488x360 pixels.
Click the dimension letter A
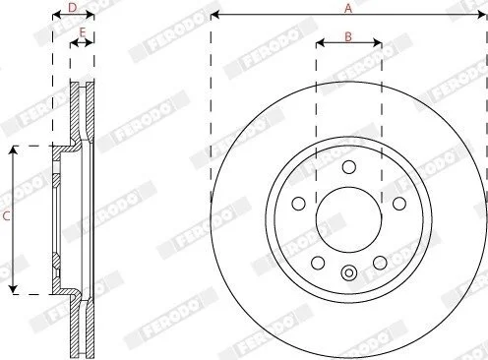point(348,8)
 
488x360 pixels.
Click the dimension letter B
point(348,36)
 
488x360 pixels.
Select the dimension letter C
point(6,215)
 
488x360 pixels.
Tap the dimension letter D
point(73,8)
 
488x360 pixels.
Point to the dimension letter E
point(83,32)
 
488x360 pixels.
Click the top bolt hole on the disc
point(349,167)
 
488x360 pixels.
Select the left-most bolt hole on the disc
point(298,204)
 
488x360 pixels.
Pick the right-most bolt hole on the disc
point(399,204)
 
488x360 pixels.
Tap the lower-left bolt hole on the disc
point(318,263)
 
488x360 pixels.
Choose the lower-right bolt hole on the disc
point(380,263)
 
